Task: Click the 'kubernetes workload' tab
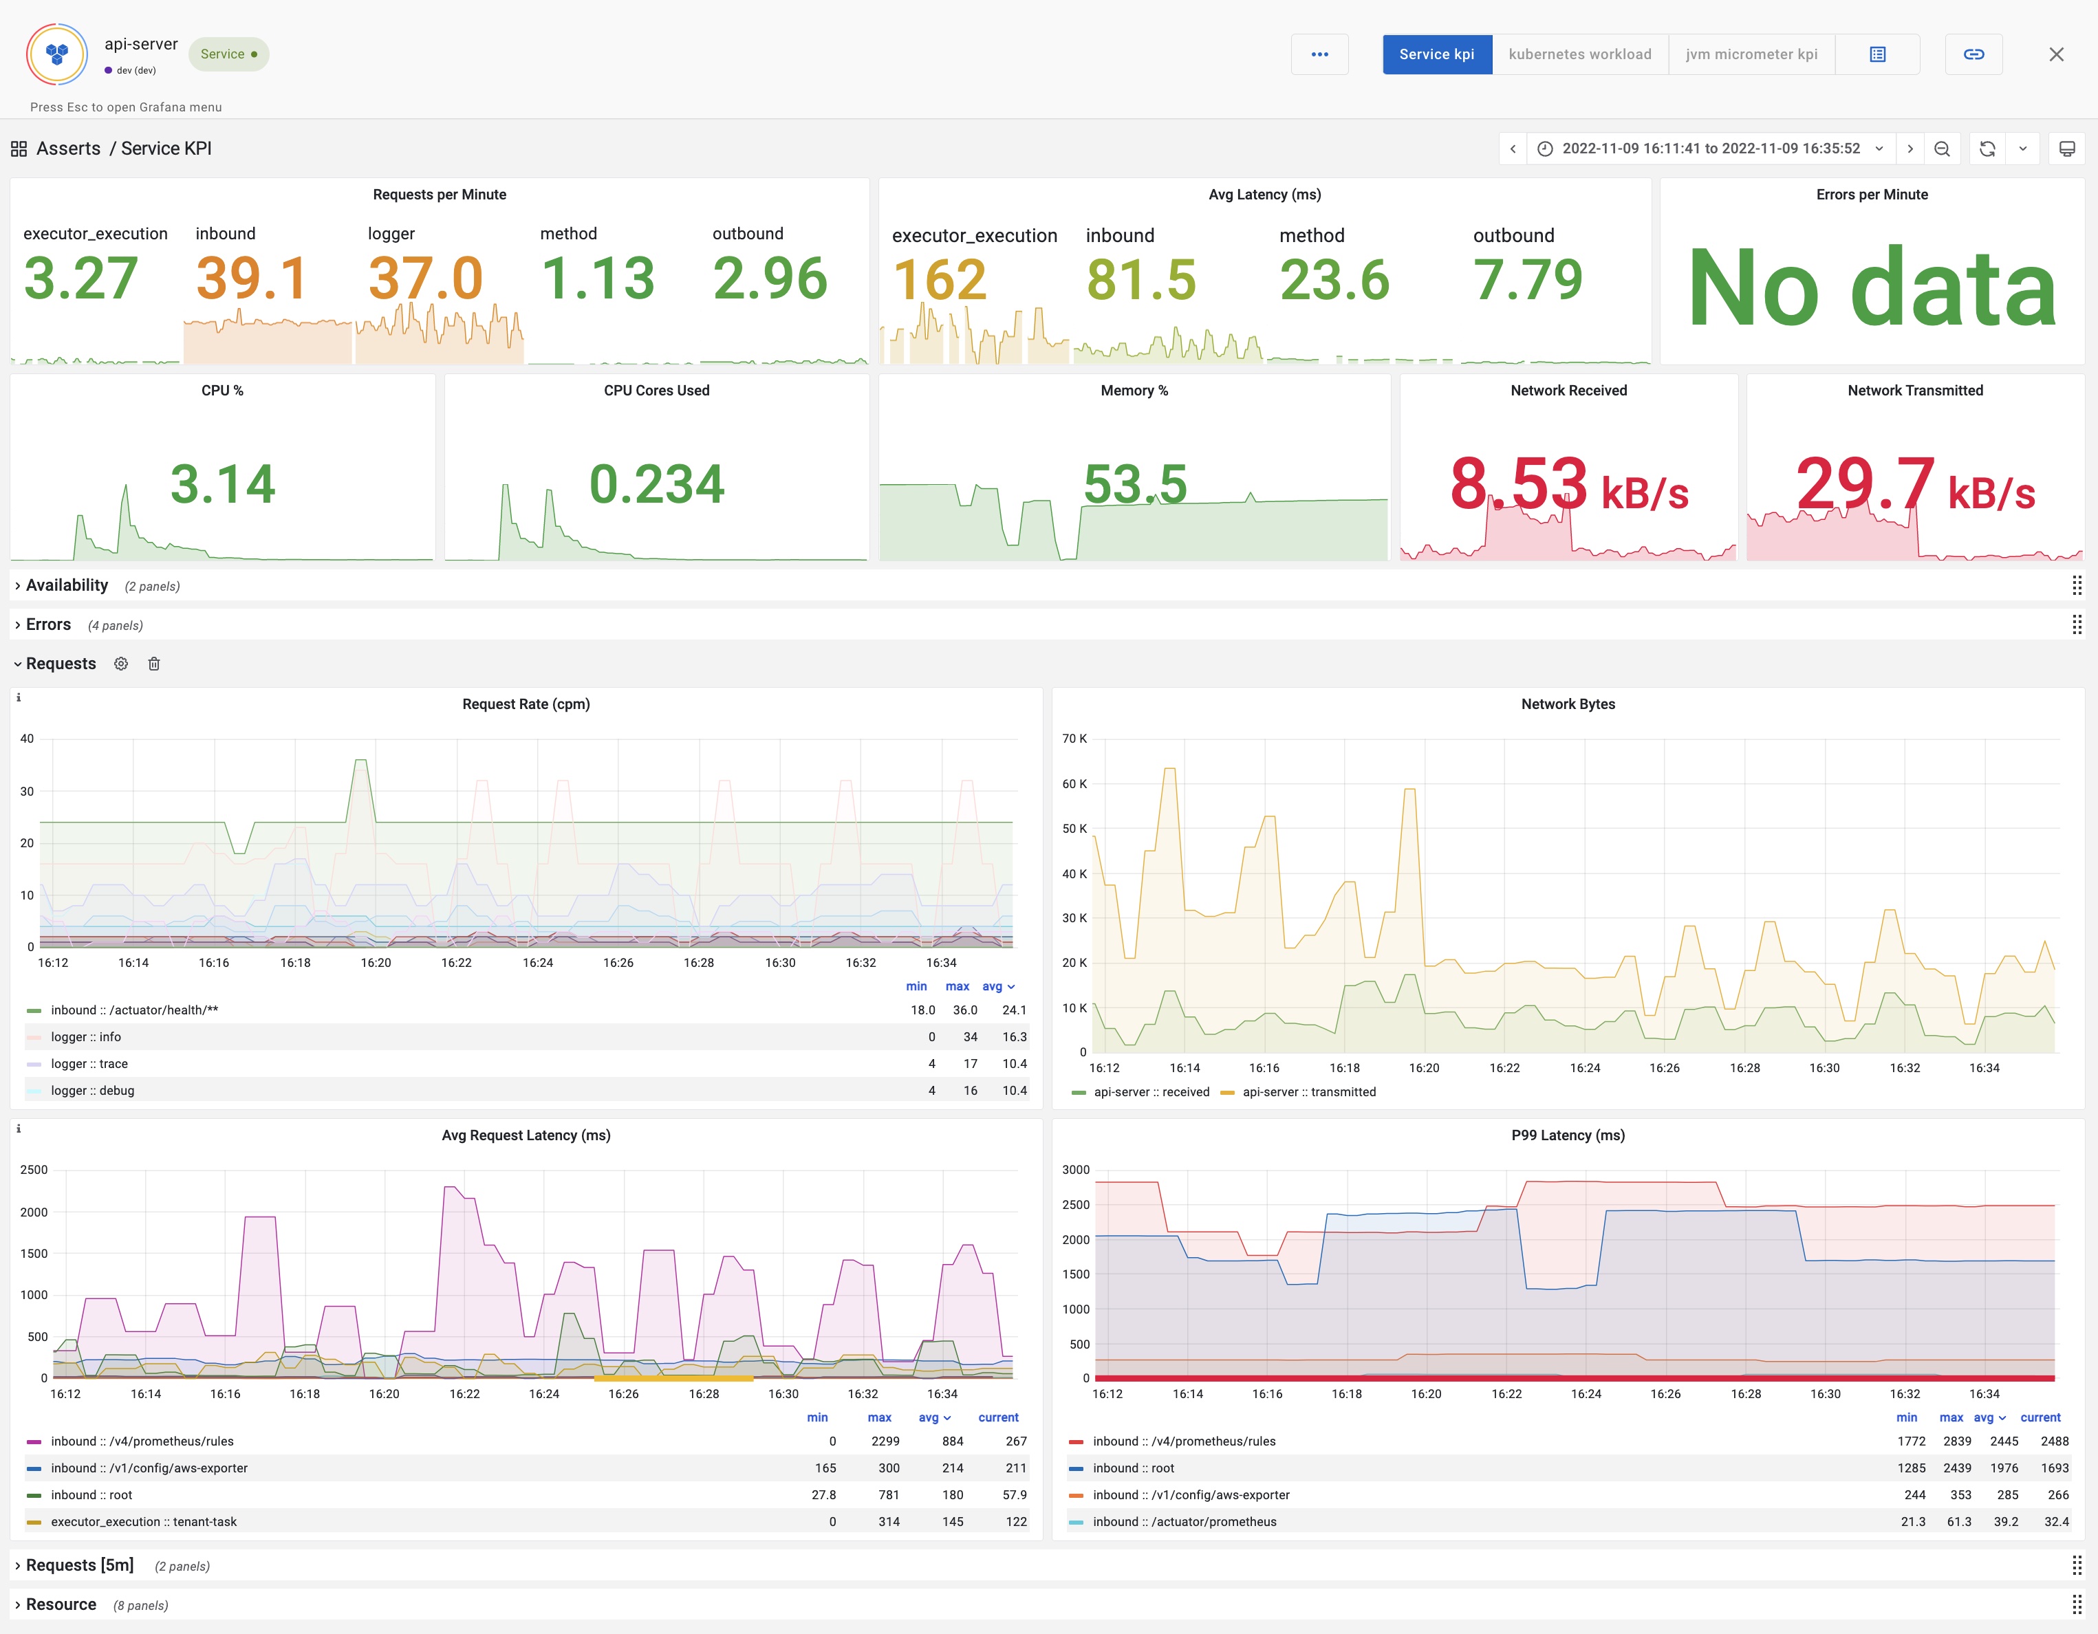click(1579, 54)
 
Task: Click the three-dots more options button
click(1319, 54)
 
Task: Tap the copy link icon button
click(1973, 54)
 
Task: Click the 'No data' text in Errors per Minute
click(1871, 286)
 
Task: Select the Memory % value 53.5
click(1134, 483)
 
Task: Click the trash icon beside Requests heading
click(153, 664)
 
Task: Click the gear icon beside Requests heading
click(121, 664)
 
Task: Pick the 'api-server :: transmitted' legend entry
click(1308, 1092)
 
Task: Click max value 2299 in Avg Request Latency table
click(885, 1441)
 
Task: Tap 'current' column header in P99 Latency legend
click(2040, 1418)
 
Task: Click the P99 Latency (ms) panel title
click(1567, 1135)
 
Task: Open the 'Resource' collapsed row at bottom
click(61, 1604)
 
